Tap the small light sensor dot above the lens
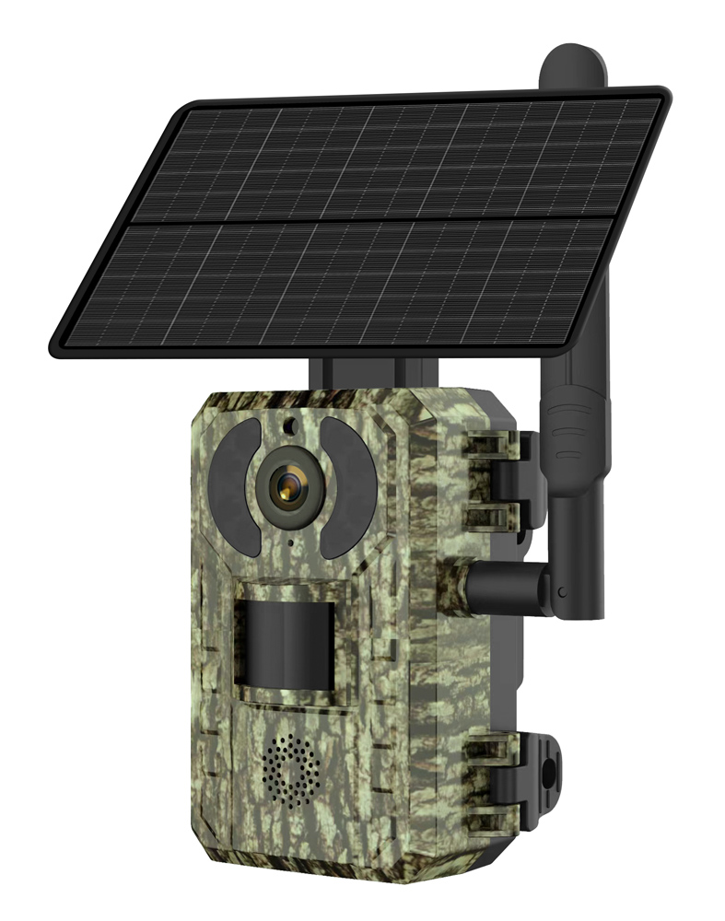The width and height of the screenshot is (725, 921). pyautogui.click(x=288, y=426)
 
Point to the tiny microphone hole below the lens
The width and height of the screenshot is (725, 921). pyautogui.click(x=289, y=543)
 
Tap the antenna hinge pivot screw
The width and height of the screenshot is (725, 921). pyautogui.click(x=561, y=590)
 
